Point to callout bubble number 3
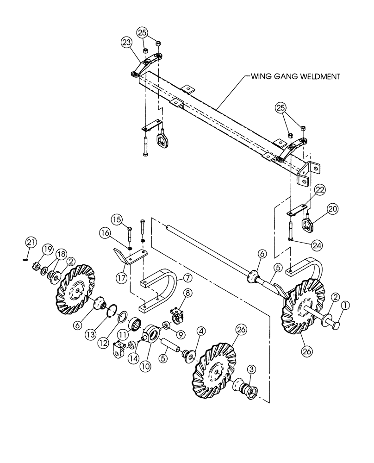[x=251, y=369]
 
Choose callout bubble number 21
[x=30, y=242]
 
